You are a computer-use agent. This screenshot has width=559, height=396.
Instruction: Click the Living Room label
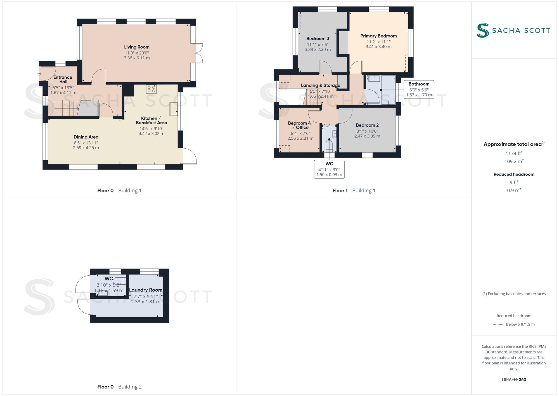coord(137,47)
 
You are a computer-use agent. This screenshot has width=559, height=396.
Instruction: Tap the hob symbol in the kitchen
coord(151,89)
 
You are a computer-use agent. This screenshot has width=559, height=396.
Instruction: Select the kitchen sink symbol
coord(174,109)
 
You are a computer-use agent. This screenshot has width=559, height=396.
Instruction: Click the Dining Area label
coord(86,137)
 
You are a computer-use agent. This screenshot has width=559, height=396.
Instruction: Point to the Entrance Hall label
coord(63,79)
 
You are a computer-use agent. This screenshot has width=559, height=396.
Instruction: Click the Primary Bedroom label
coord(378,36)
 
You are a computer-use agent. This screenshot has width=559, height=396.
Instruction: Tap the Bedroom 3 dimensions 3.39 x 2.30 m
coord(318,50)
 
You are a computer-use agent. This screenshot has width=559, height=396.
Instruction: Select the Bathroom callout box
coord(419,89)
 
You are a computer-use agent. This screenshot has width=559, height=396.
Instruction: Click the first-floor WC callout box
coord(329,169)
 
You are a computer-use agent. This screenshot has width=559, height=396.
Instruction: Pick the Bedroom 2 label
coord(367,125)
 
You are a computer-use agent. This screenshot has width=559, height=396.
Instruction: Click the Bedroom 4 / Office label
coord(299,125)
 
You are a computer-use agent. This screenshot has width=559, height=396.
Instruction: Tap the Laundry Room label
coord(146,290)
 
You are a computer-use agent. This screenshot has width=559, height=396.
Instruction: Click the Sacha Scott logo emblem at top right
coord(482,30)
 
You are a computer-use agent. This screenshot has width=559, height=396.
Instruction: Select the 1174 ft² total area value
coord(514,153)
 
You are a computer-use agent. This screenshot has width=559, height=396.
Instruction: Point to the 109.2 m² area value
coord(514,161)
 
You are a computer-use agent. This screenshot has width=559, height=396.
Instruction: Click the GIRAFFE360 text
coord(514,380)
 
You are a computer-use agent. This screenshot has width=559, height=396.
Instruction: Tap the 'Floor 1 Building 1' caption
coord(354,191)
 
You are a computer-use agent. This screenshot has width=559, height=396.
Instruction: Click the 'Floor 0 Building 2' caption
coord(119,387)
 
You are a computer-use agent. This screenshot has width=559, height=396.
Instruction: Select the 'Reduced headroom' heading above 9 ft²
coord(514,174)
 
